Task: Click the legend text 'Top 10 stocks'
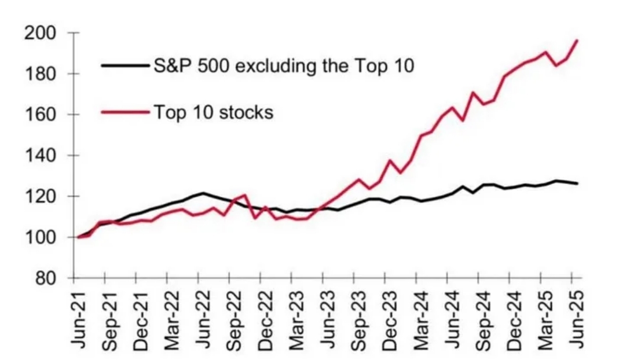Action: pos(213,112)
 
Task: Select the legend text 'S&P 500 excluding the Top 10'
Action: pos(284,65)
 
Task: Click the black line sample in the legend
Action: pos(125,65)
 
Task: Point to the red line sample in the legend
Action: pos(125,112)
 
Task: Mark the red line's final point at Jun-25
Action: pos(577,40)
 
